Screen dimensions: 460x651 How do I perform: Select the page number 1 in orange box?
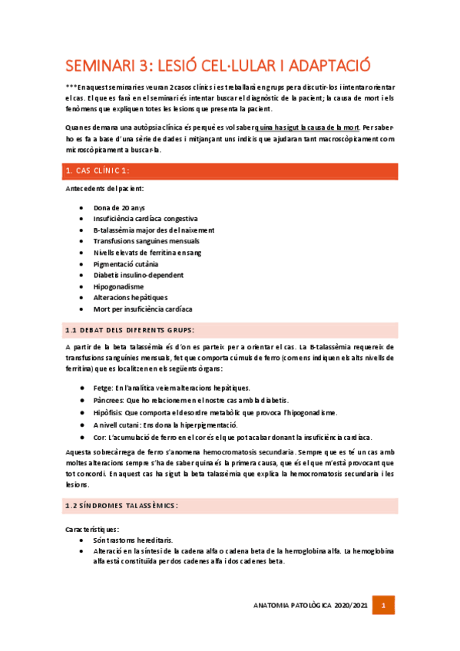coord(384,606)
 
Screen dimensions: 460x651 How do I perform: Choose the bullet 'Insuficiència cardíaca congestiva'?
coord(145,218)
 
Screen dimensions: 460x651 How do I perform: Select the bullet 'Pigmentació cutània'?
coord(126,263)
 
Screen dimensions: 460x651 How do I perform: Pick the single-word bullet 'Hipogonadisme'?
coord(118,286)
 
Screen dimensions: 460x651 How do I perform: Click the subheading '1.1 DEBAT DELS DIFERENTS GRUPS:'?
coord(130,330)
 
